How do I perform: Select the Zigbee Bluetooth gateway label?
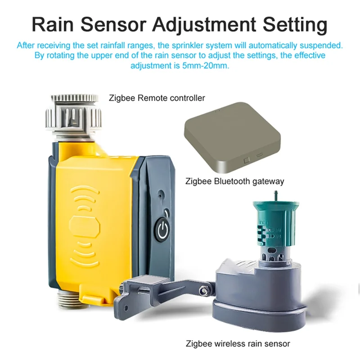pos(235,181)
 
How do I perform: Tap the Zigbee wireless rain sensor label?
pos(238,344)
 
